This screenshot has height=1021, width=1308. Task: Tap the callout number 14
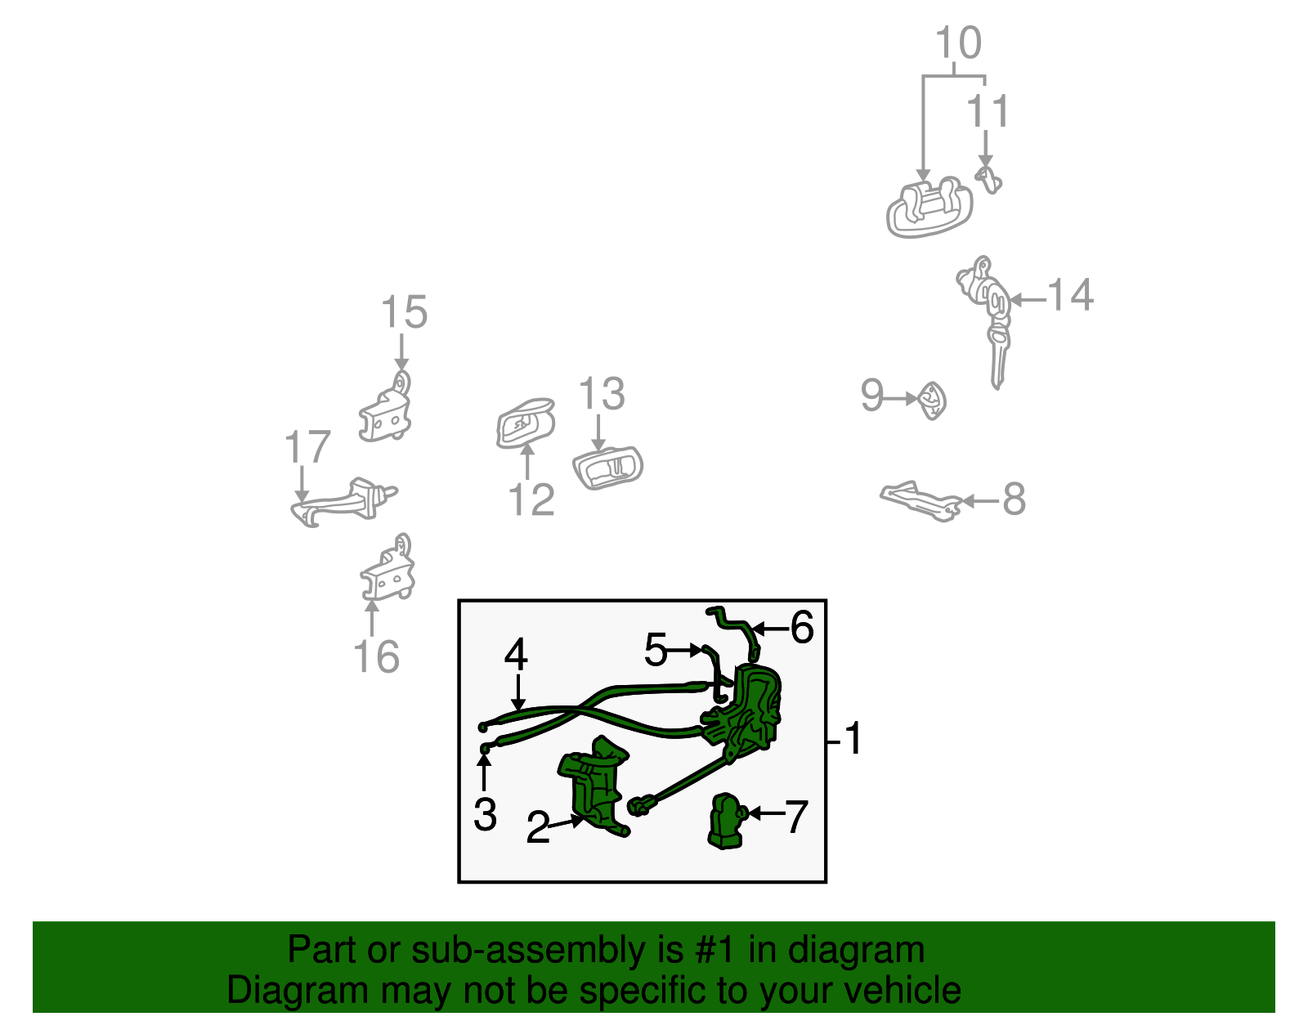(1070, 295)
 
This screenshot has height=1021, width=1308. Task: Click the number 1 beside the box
(853, 739)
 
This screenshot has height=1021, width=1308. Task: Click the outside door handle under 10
(929, 208)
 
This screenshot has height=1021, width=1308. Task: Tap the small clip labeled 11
(989, 179)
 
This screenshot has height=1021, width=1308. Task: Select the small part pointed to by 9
(932, 400)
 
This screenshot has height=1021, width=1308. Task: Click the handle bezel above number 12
(524, 423)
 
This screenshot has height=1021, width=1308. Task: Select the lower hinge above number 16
(388, 571)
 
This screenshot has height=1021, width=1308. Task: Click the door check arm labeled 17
(343, 500)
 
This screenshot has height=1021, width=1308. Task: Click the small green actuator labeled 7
(725, 822)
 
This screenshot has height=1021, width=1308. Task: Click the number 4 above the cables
(516, 655)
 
